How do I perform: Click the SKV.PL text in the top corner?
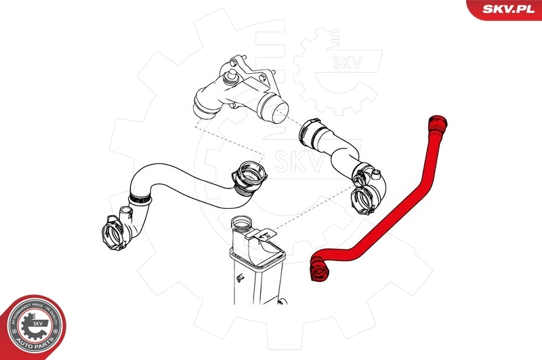pyautogui.click(x=510, y=8)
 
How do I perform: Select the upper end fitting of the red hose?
pyautogui.click(x=438, y=126)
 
